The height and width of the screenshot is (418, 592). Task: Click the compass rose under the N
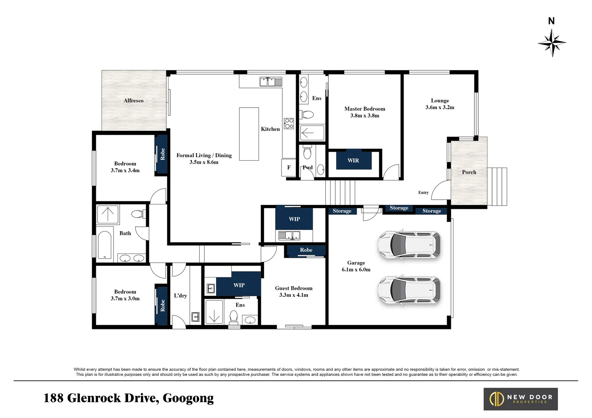click(x=552, y=43)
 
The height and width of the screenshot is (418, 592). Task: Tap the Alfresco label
click(x=134, y=101)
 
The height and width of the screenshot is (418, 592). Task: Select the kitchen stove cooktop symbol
click(x=289, y=123)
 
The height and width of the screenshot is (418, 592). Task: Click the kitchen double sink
click(x=271, y=82)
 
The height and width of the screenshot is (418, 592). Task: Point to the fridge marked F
click(x=288, y=168)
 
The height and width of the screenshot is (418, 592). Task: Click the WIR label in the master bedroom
click(x=353, y=160)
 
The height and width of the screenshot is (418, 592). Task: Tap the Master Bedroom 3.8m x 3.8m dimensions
click(x=365, y=115)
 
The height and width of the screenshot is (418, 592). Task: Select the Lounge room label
click(x=440, y=101)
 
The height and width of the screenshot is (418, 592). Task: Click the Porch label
click(x=469, y=172)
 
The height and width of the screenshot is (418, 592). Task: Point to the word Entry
click(x=423, y=192)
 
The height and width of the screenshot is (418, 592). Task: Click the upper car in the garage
click(x=409, y=245)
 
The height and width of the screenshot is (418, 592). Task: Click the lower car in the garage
click(x=409, y=290)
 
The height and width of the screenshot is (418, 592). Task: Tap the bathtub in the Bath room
click(x=105, y=245)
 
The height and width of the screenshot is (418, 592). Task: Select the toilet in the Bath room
click(x=139, y=214)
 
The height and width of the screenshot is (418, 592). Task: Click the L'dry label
click(x=180, y=296)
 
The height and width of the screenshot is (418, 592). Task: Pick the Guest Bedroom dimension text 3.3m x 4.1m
click(x=293, y=295)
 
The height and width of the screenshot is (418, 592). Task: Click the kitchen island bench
click(x=249, y=134)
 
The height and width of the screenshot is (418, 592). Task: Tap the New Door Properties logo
click(x=520, y=399)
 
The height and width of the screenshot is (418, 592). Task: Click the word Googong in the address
click(x=188, y=398)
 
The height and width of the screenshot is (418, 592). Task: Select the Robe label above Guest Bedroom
click(x=306, y=250)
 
